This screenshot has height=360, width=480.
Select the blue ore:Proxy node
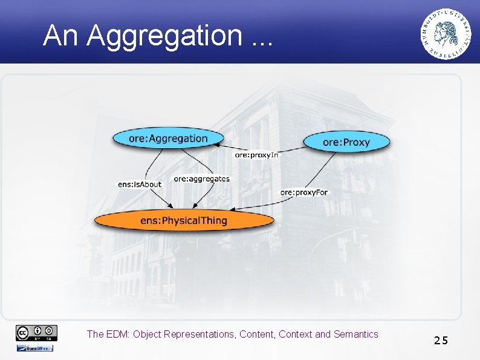click(x=346, y=142)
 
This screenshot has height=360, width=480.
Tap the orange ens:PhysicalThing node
click(x=183, y=220)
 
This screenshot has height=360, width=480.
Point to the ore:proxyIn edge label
click(x=257, y=155)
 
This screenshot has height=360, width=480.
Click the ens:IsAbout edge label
click(x=140, y=184)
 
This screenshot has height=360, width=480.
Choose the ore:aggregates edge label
click(x=202, y=178)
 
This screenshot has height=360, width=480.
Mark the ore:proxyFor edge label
click(x=304, y=192)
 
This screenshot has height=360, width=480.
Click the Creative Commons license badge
click(x=37, y=332)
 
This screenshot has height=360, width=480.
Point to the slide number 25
click(x=441, y=340)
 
